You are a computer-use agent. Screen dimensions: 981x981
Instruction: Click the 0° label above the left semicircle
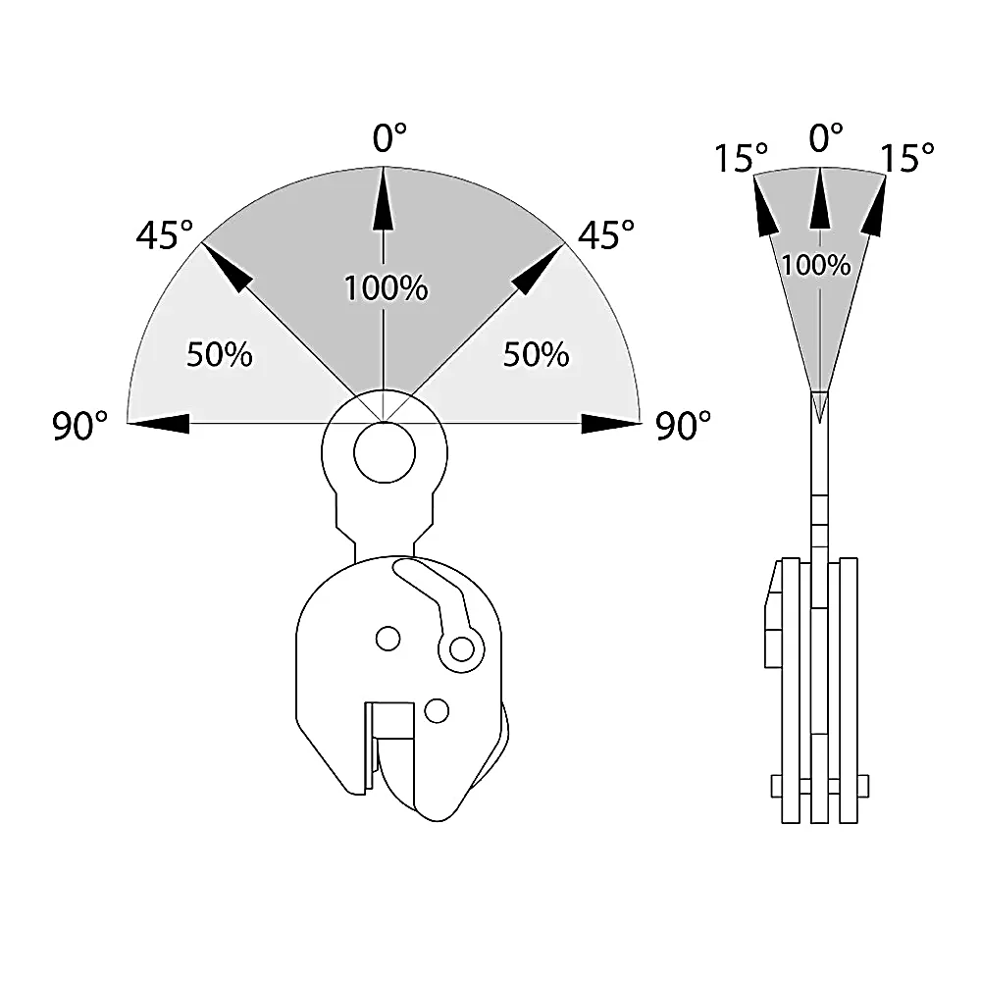point(389,137)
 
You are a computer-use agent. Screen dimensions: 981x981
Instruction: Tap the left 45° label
point(165,235)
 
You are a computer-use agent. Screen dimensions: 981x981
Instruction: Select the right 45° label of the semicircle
point(605,234)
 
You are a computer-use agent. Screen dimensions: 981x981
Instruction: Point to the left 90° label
point(79,426)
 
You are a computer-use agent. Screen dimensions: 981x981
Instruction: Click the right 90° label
point(683,426)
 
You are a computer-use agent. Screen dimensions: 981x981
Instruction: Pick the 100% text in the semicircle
point(386,288)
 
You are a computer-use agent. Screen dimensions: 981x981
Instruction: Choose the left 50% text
point(220,354)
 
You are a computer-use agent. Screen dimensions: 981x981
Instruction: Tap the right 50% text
point(537,354)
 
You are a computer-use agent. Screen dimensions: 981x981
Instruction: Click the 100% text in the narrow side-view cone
point(816,265)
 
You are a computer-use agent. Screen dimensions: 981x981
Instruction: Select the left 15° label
point(741,158)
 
